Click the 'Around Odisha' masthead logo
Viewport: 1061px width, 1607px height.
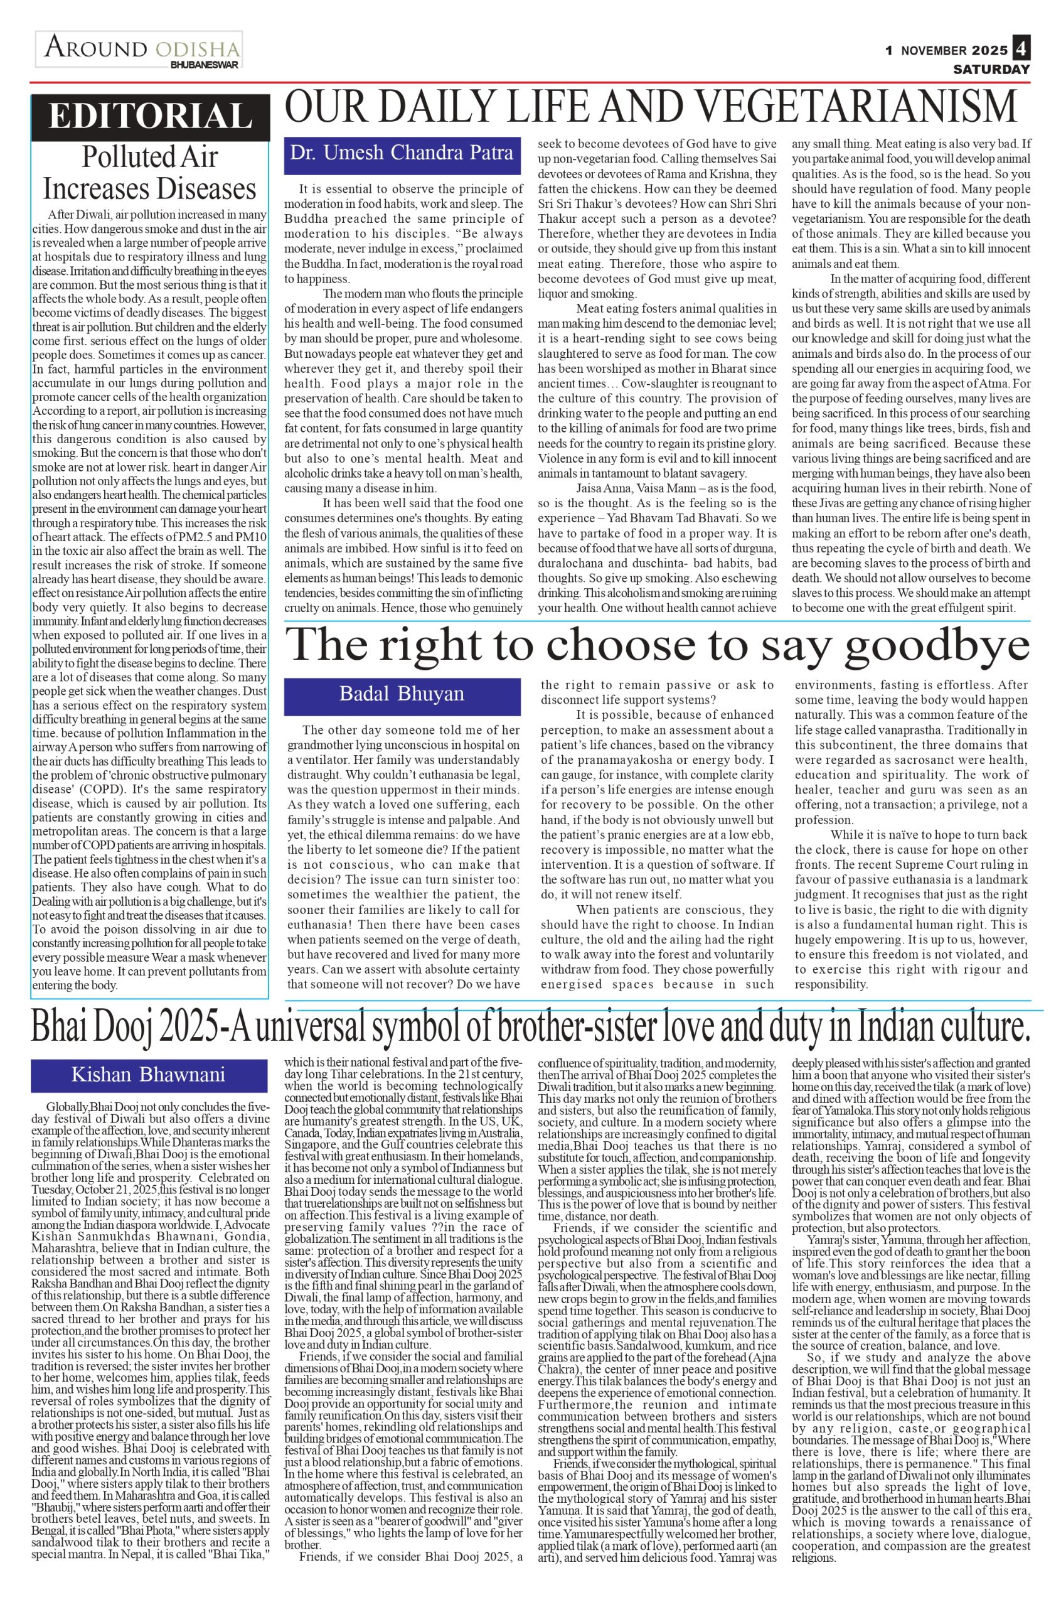point(139,49)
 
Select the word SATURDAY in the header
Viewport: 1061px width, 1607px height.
point(991,69)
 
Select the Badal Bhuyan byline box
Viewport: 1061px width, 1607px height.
point(402,693)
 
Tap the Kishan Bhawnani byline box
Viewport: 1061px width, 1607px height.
point(149,1074)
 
